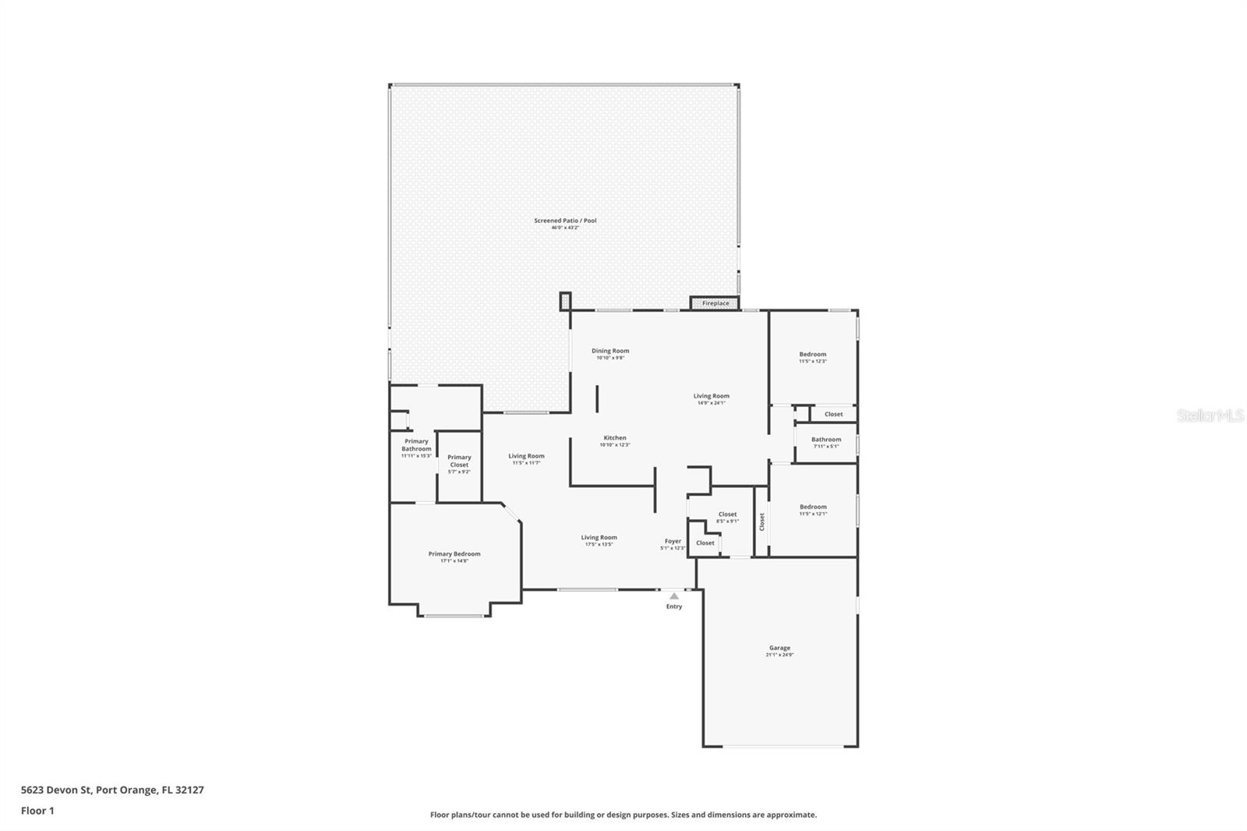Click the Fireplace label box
point(715,302)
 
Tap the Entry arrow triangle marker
point(673,596)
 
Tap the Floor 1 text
point(37,811)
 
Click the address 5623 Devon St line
point(112,790)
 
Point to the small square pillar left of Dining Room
point(565,300)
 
